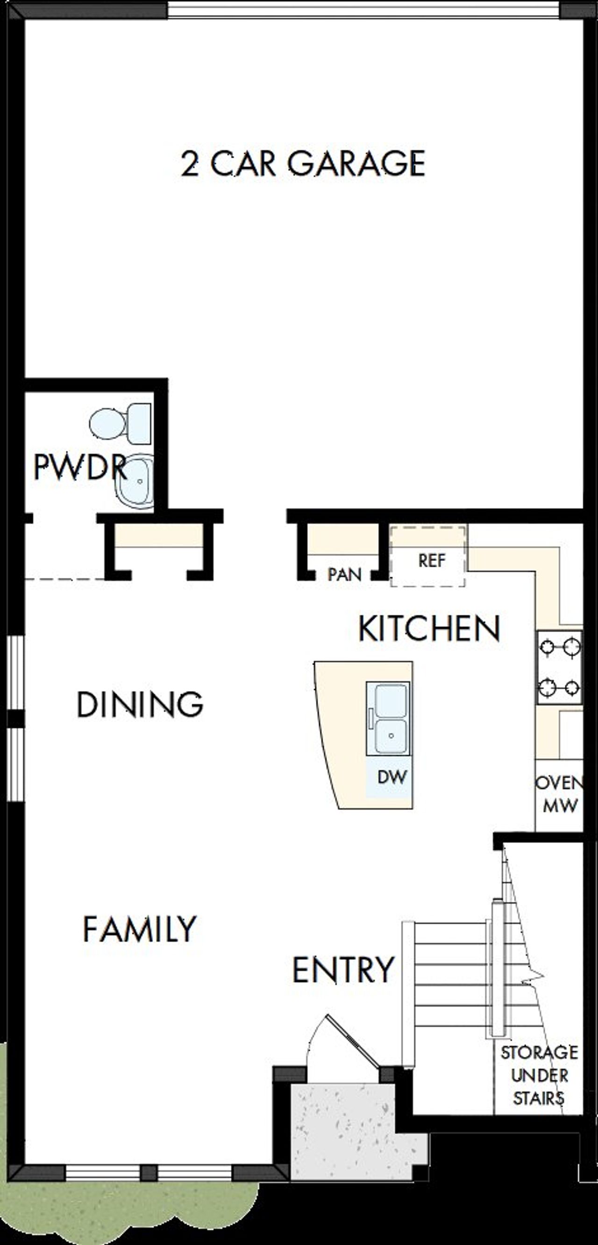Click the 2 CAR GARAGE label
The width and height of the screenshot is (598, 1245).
point(303,163)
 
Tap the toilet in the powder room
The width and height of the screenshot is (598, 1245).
point(121,424)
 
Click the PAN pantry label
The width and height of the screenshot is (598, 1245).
point(344,574)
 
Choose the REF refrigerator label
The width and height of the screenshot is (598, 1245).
point(431,561)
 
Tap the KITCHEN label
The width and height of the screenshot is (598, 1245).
point(429,629)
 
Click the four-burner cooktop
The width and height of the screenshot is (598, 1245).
point(559,667)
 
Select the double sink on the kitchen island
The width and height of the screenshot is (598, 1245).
point(388,718)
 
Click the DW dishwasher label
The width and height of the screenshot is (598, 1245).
point(392,777)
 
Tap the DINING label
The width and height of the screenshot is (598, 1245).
point(140,705)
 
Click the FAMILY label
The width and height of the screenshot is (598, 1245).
point(140,929)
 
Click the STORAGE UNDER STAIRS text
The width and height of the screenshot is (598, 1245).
point(539,1076)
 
